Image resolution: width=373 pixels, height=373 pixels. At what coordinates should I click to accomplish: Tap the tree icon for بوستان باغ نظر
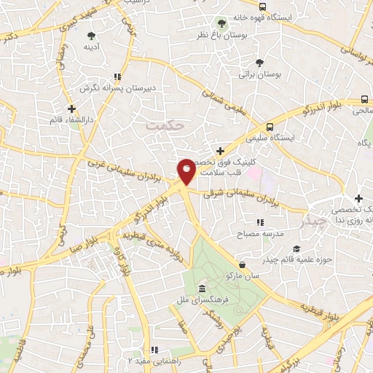(x=221, y=22)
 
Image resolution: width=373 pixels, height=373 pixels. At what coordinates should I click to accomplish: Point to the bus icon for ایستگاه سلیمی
(x=270, y=125)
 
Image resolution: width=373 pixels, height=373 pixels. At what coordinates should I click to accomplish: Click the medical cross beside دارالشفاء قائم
(x=71, y=107)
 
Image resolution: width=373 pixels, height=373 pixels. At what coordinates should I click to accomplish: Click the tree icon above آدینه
(x=91, y=35)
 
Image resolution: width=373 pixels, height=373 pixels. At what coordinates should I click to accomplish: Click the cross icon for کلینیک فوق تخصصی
(x=220, y=151)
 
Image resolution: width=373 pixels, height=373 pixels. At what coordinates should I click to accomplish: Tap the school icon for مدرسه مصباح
(x=259, y=222)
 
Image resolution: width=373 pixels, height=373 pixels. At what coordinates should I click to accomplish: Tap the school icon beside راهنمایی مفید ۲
(x=153, y=349)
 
